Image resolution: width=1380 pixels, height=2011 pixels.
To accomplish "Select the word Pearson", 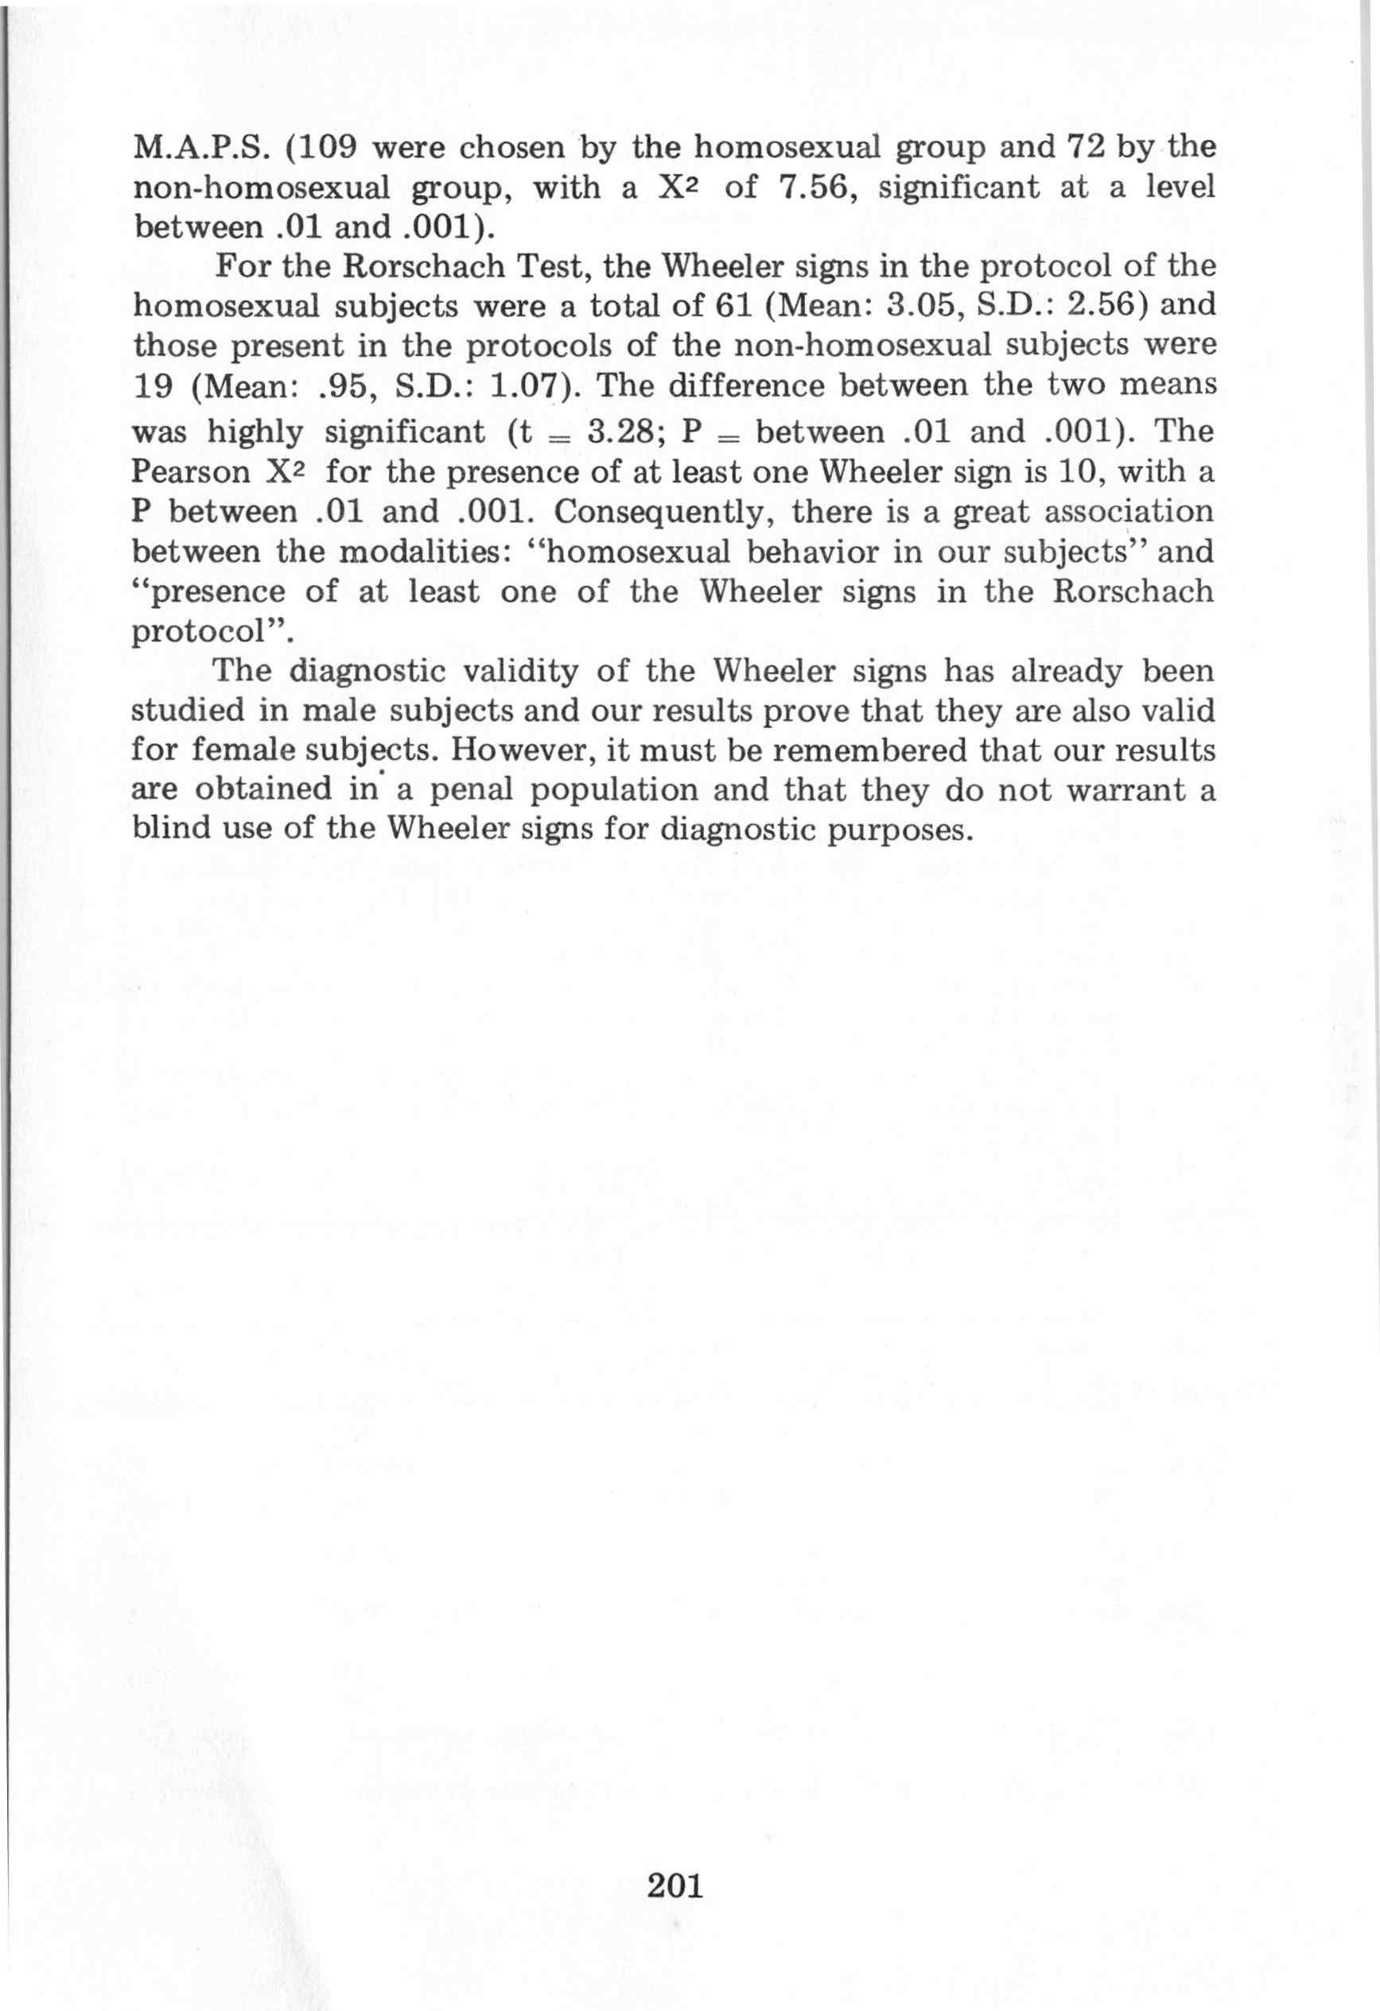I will pyautogui.click(x=190, y=472).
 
